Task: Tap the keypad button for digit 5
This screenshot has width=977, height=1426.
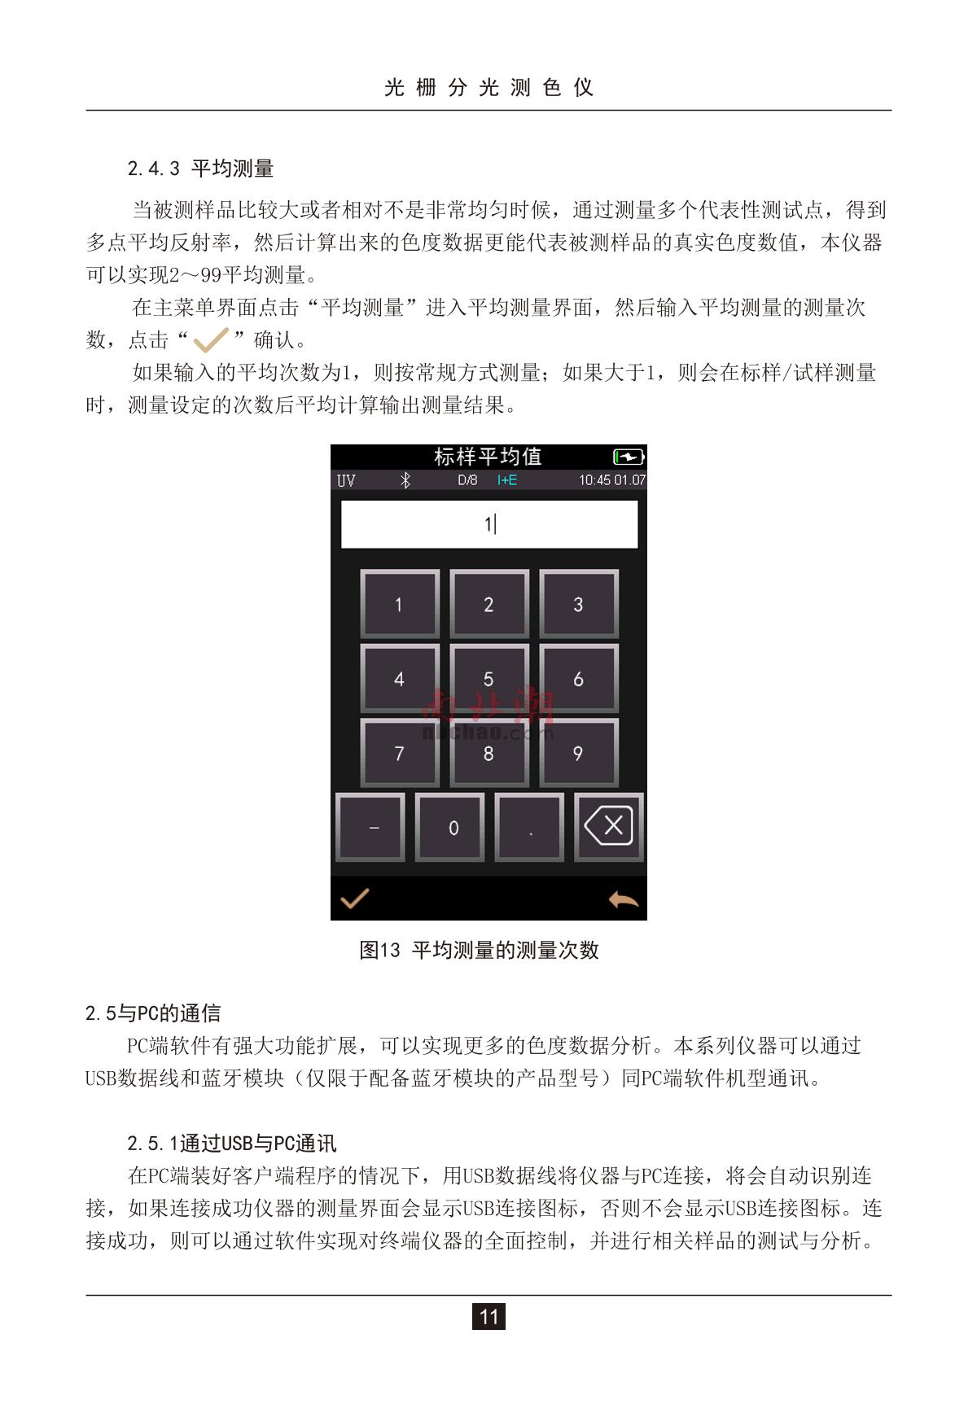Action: click(488, 679)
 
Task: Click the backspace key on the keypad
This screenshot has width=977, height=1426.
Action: click(609, 827)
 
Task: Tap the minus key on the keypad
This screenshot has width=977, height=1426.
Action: click(370, 827)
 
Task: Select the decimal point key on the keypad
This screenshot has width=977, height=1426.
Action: click(530, 827)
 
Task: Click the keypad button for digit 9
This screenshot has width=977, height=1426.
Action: click(578, 753)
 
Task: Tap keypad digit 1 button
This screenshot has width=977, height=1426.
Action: click(399, 605)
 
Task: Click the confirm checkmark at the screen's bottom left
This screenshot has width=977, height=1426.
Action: click(354, 898)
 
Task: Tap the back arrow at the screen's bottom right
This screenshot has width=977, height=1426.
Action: click(624, 899)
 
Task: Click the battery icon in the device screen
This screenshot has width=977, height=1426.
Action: click(629, 457)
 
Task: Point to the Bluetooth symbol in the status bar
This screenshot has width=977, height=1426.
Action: click(405, 480)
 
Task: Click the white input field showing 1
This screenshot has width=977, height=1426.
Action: click(488, 524)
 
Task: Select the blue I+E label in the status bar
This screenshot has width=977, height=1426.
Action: click(507, 480)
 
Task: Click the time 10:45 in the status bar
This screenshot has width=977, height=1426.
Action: click(594, 480)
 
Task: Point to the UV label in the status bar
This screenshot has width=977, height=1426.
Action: click(346, 480)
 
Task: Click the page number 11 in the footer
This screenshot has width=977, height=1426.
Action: click(488, 1316)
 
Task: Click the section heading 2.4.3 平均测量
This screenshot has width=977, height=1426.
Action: click(200, 168)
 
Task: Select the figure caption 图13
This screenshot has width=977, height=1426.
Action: click(380, 950)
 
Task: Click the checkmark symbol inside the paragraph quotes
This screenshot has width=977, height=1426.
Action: click(211, 339)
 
